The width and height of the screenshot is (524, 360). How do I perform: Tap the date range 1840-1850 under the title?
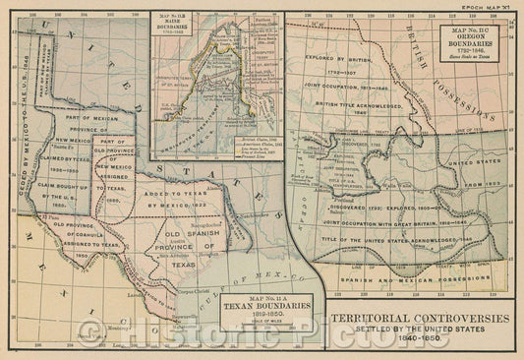(x=419, y=340)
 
